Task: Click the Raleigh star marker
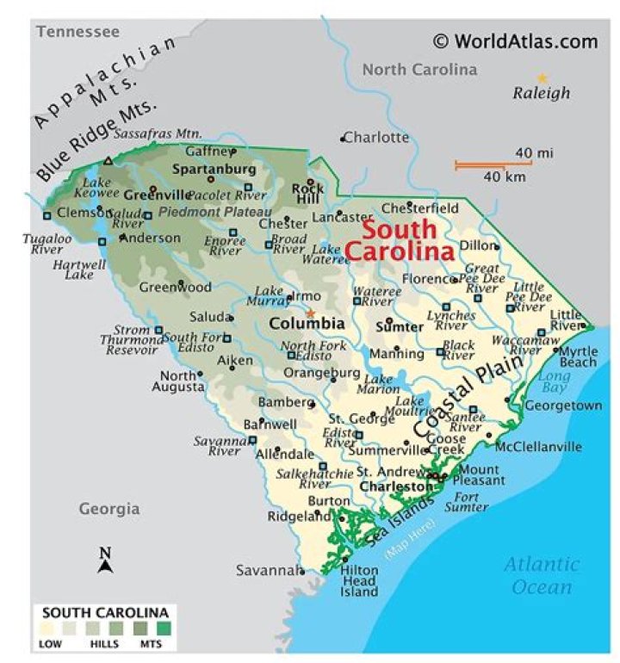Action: pyautogui.click(x=542, y=77)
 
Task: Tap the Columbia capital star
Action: pyautogui.click(x=311, y=313)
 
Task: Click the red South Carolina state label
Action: pyautogui.click(x=400, y=242)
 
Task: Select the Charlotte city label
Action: pyautogui.click(x=378, y=137)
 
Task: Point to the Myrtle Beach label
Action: pyautogui.click(x=577, y=356)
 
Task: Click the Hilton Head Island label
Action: pyautogui.click(x=359, y=580)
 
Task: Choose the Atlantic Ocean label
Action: pyautogui.click(x=541, y=576)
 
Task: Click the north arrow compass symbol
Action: pyautogui.click(x=105, y=561)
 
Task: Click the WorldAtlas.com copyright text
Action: pyautogui.click(x=514, y=40)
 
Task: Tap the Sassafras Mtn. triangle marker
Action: pyautogui.click(x=108, y=161)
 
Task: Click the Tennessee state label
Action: pyautogui.click(x=77, y=32)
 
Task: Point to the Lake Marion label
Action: pyautogui.click(x=379, y=383)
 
